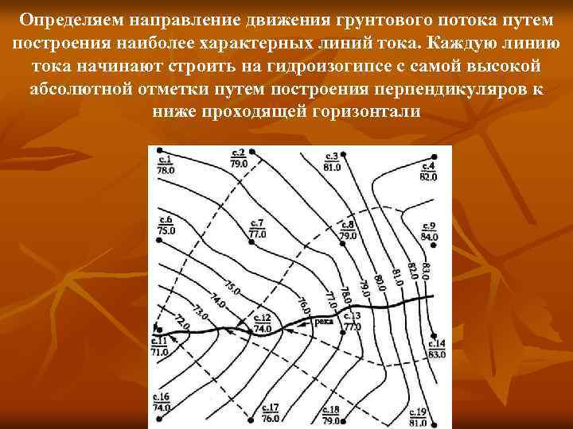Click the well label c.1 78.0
point(166,164)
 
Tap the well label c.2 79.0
point(238,157)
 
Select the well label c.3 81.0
point(332,161)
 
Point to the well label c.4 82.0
point(428,171)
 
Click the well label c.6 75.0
point(166,226)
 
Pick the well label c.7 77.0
point(257,229)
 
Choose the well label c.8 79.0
point(348,230)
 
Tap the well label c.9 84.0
point(430,231)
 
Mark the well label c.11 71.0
point(159,346)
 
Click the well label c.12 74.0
point(262,323)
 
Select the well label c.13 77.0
point(352,321)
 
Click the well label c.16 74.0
point(162,401)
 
